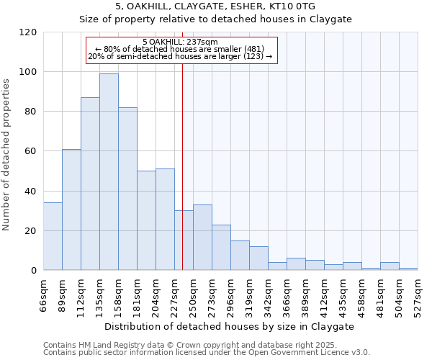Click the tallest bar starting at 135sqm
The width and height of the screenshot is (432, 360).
[109, 171]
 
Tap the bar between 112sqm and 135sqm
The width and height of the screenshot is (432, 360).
[90, 184]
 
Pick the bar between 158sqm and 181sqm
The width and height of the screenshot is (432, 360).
[127, 189]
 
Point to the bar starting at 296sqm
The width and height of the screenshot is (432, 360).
[240, 256]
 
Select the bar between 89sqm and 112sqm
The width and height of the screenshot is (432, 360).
[71, 210]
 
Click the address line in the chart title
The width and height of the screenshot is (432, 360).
[215, 6]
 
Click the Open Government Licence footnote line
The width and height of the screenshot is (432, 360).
[207, 353]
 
